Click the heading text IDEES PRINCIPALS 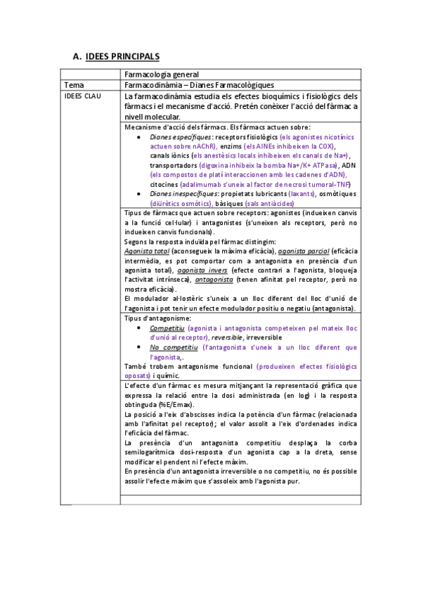click(x=122, y=56)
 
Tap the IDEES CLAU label click(x=82, y=96)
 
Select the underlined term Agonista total click(x=146, y=251)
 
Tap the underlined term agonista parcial click(x=302, y=251)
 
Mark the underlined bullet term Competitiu click(x=167, y=328)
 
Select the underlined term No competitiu click(x=173, y=347)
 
